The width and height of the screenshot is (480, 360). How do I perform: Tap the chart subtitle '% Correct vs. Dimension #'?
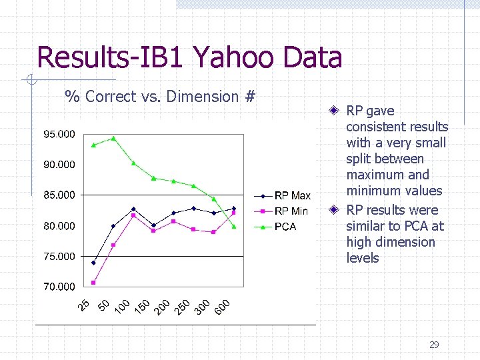(160, 97)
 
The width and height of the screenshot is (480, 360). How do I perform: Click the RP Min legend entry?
(283, 211)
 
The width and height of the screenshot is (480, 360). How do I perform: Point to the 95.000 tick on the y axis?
(59, 135)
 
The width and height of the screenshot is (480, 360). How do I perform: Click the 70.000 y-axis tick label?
(59, 287)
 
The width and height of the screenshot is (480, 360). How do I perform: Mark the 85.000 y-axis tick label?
(59, 195)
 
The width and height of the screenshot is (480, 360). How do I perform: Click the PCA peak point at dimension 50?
(113, 139)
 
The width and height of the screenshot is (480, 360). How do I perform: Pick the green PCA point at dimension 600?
(233, 227)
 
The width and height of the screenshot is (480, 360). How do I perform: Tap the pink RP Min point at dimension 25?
(93, 283)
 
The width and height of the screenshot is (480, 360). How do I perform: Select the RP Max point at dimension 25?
(93, 263)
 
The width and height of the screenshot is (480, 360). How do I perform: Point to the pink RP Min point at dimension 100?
(133, 215)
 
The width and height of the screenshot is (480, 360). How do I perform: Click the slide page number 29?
(434, 345)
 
